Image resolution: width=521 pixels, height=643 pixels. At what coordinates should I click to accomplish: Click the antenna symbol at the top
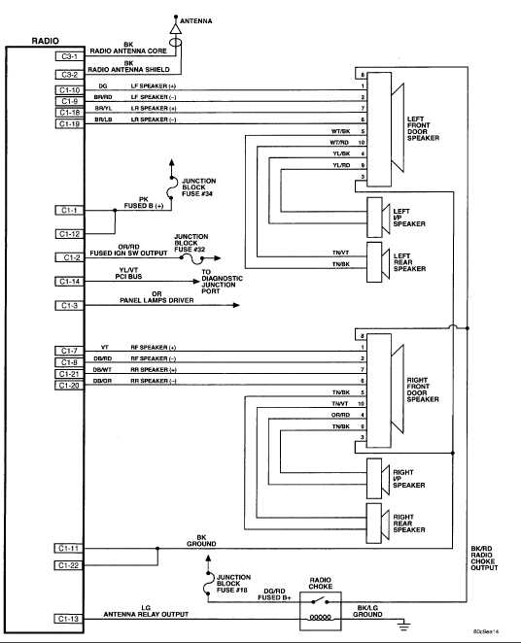176,29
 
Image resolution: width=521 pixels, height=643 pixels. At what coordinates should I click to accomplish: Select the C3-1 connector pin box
69,56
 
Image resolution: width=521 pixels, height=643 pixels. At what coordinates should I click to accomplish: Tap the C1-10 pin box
69,90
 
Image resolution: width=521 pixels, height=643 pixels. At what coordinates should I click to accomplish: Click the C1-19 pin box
69,123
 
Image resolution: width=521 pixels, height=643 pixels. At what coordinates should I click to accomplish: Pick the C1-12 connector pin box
69,233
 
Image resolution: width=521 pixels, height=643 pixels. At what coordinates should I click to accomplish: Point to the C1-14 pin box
69,281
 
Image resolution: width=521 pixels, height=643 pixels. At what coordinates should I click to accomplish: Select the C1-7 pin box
69,351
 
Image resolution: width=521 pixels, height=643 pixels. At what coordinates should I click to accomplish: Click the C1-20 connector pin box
69,386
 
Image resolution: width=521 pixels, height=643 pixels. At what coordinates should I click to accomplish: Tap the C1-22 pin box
69,565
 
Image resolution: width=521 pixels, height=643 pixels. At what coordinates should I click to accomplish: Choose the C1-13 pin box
69,619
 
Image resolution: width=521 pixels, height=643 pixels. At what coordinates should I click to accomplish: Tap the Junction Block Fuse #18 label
234,581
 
